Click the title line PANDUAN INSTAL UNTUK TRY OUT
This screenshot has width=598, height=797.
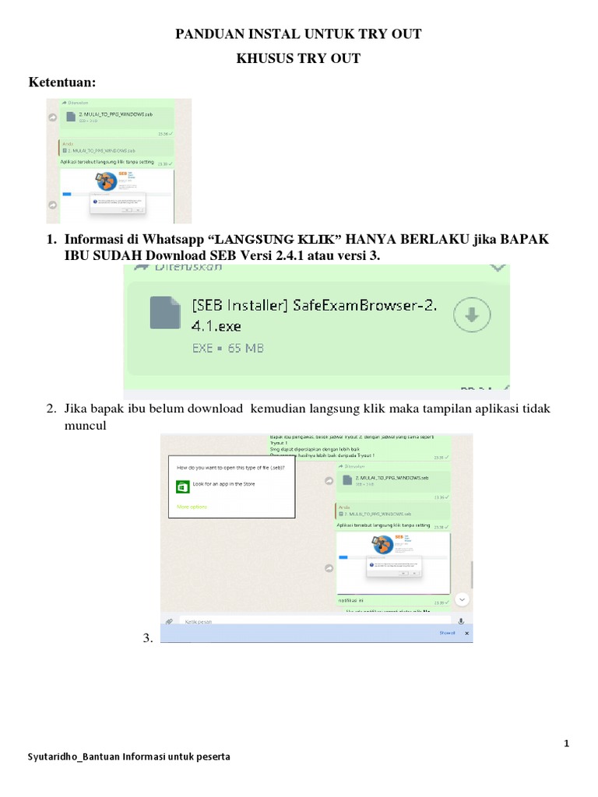click(298, 33)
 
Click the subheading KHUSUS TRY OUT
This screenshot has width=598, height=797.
click(298, 58)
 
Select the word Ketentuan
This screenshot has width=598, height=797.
click(62, 83)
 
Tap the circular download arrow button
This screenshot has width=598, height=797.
click(473, 314)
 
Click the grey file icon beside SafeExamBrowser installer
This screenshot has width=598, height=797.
click(165, 312)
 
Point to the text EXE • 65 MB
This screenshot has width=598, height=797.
click(227, 348)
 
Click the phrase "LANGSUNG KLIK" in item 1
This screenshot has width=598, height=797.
click(279, 240)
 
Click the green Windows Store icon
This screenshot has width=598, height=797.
click(183, 486)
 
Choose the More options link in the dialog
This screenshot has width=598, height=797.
click(192, 507)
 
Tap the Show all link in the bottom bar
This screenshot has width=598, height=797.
click(447, 634)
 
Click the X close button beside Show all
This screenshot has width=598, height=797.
click(467, 634)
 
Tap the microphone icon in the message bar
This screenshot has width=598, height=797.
click(461, 621)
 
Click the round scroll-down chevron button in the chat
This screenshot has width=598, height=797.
click(462, 599)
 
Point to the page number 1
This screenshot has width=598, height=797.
click(567, 743)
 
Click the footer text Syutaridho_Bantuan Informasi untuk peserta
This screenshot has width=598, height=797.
click(128, 757)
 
